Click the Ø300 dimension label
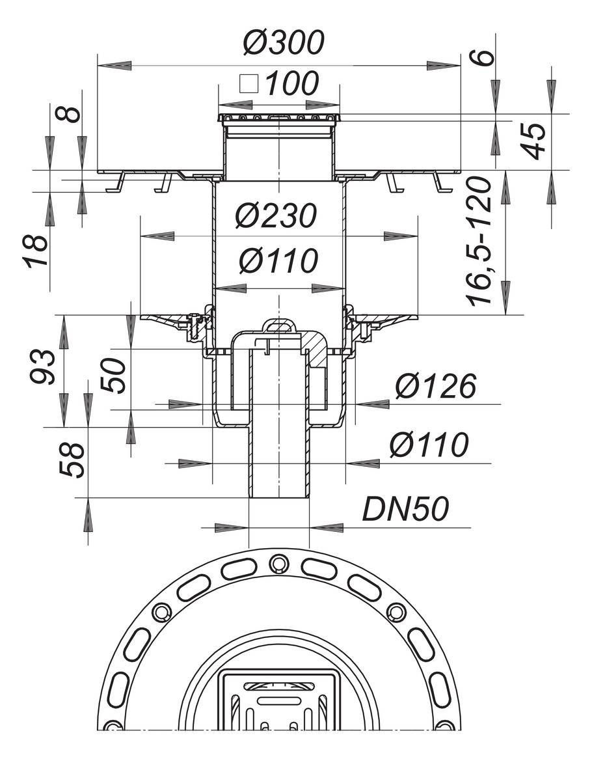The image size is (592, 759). [283, 43]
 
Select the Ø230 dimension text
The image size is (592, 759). [277, 215]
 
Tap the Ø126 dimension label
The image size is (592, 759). [435, 387]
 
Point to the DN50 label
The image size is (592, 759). [405, 510]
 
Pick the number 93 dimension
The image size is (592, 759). [43, 367]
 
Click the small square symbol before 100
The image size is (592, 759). [248, 84]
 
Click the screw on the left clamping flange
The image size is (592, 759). [194, 325]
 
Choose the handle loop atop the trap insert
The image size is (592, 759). [279, 325]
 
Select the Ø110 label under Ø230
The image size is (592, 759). [278, 261]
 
